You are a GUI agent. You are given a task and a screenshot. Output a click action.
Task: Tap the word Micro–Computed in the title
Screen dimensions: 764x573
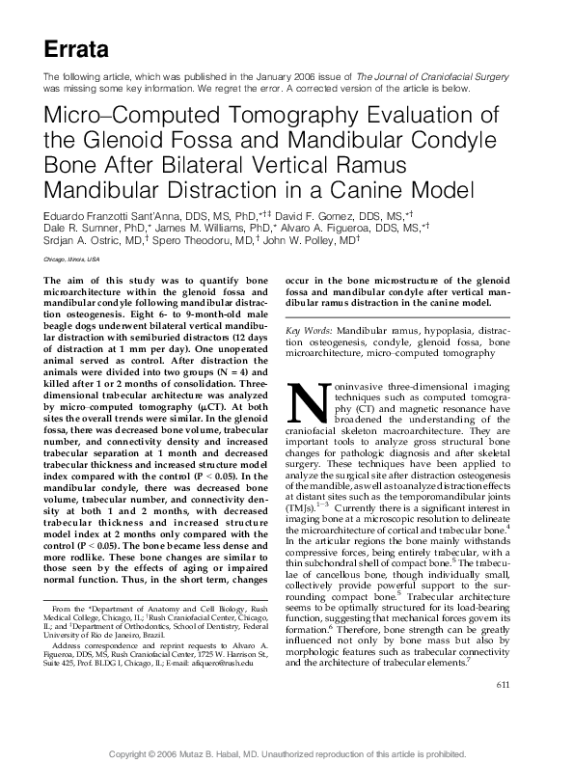[x=127, y=117]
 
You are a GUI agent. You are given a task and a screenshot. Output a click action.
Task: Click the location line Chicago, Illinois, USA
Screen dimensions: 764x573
[x=72, y=260]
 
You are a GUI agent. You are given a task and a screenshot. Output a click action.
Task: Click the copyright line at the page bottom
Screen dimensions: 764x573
[x=286, y=753]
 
